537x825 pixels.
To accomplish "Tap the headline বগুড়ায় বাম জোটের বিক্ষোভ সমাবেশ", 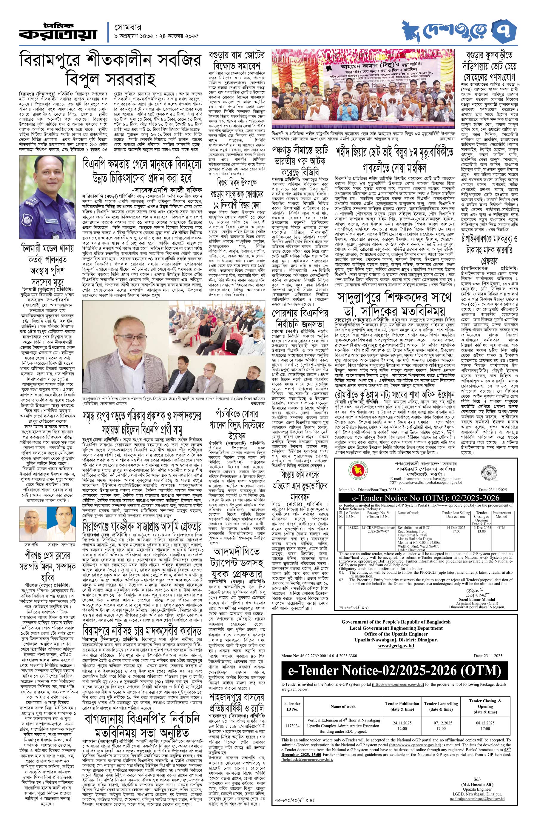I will coord(237,61).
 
